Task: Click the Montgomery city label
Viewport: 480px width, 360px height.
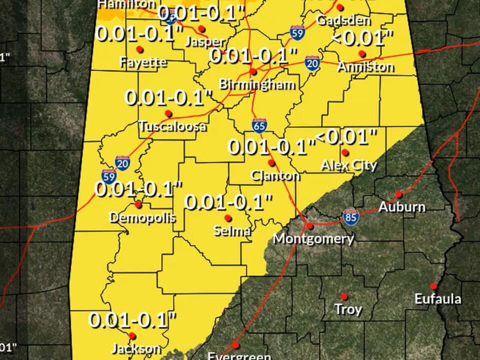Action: (313, 238)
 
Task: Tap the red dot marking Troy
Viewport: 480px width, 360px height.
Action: (344, 296)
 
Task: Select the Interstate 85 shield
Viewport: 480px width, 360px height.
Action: (351, 216)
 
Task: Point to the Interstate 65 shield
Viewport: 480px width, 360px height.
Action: (259, 125)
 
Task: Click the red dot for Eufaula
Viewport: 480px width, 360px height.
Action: (433, 286)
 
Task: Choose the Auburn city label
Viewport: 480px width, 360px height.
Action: (402, 207)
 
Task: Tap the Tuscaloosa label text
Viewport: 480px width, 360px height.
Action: (172, 126)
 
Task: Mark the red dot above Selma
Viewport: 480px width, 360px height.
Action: (228, 218)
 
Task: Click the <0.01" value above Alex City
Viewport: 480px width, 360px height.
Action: (346, 136)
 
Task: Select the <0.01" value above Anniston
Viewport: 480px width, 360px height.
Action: (362, 38)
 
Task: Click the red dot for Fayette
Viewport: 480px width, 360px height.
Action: (139, 49)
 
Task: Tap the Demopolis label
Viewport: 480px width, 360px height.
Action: (142, 217)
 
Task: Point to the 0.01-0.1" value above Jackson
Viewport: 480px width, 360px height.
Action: (133, 319)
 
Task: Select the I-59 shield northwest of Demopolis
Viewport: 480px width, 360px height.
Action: (108, 176)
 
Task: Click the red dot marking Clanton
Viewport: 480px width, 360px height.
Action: (271, 163)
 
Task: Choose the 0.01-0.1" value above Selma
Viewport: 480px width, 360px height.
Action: (228, 202)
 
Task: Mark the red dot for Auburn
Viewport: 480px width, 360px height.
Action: (398, 194)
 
